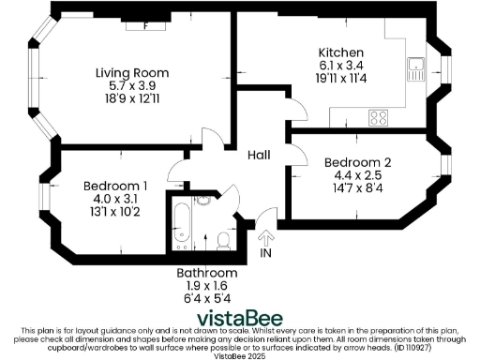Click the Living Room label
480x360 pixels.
tap(132, 72)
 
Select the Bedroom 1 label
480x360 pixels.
tap(115, 185)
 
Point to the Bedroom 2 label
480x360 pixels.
tap(357, 162)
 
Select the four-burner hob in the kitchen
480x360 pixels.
tap(380, 117)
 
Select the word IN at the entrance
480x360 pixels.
tap(265, 253)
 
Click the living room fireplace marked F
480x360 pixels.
tap(145, 26)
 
